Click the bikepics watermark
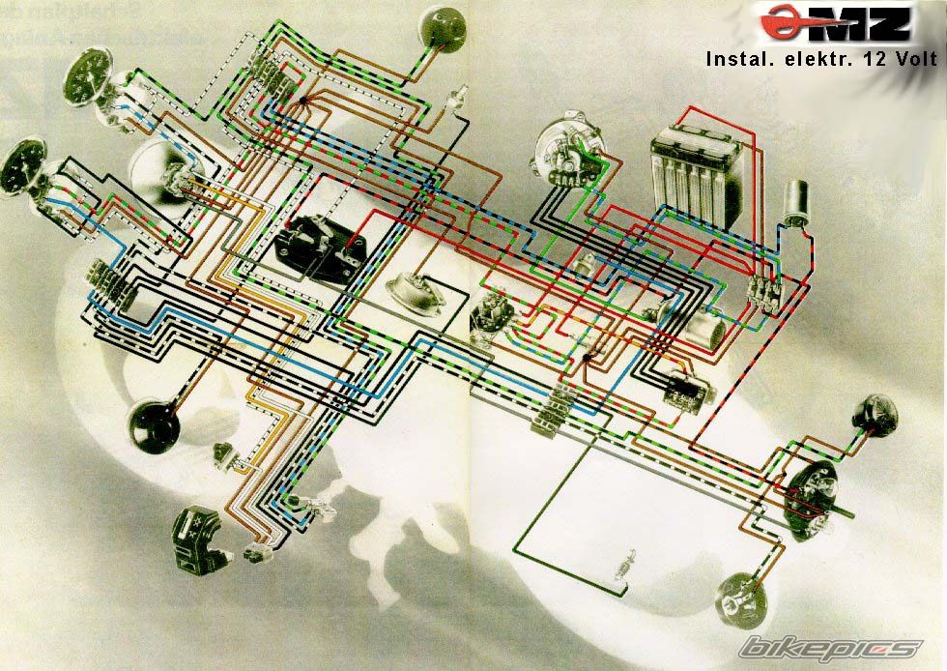(x=829, y=648)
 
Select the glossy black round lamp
(x=153, y=426)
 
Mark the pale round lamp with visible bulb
(x=740, y=597)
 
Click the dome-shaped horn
(x=410, y=294)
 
